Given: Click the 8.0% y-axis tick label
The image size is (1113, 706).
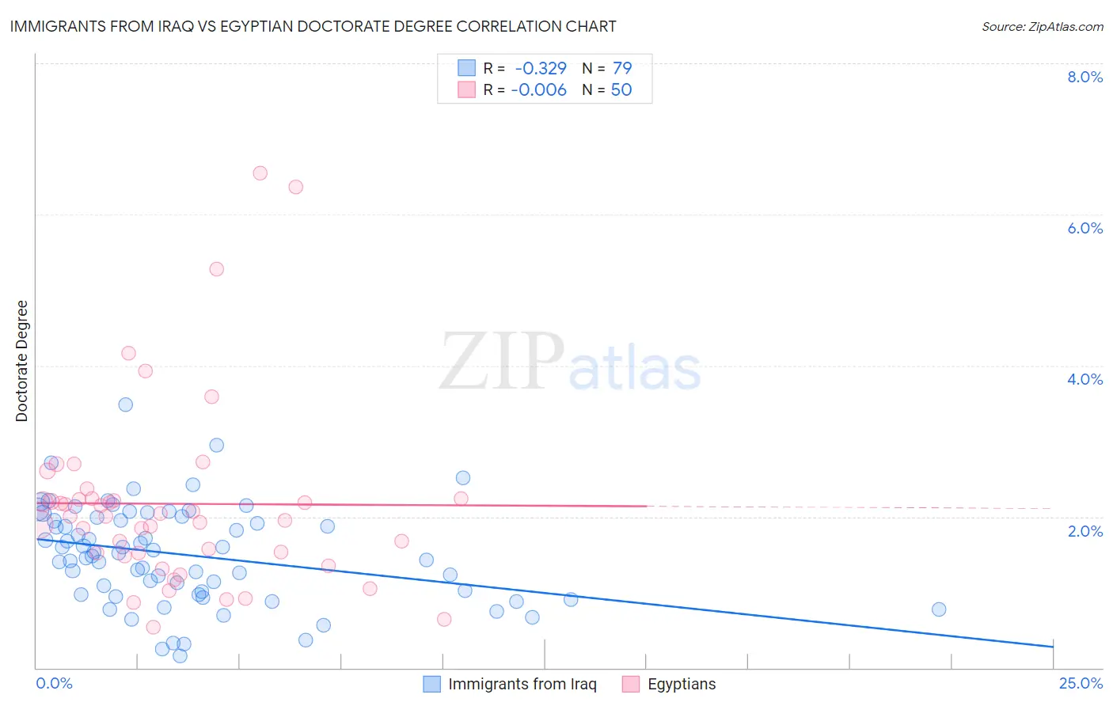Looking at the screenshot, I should pos(1085,77).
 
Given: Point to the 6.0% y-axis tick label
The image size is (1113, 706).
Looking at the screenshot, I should pos(1085,228).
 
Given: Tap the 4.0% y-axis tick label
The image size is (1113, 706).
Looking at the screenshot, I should pos(1085,379).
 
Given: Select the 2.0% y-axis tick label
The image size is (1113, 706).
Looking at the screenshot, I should pos(1085,531).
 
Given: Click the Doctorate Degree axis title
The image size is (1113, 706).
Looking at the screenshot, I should pos(22,361).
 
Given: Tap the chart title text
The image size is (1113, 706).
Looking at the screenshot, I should pos(313,26).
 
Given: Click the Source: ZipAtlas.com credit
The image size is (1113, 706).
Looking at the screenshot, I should pos(1042,26).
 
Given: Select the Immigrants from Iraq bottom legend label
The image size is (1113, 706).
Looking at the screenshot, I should pos(522,684).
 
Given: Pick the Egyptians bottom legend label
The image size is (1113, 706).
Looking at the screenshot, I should pos(681,684).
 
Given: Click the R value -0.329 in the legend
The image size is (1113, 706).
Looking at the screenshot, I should pos(541,68).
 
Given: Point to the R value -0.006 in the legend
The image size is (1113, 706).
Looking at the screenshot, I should pos(538,89).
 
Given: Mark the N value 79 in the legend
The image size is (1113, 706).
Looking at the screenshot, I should pos(621,68).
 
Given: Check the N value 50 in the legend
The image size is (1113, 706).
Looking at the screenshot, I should pos(621,89).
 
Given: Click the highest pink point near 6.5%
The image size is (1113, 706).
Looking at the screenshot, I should pos(260,173).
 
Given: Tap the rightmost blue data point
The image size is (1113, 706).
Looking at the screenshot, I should pos(939,609).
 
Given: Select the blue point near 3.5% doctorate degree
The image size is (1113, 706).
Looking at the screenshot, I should pos(125,404).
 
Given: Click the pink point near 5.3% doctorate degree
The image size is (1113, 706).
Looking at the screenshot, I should pos(216,269).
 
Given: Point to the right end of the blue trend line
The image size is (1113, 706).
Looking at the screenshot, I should pos(1053,647).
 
